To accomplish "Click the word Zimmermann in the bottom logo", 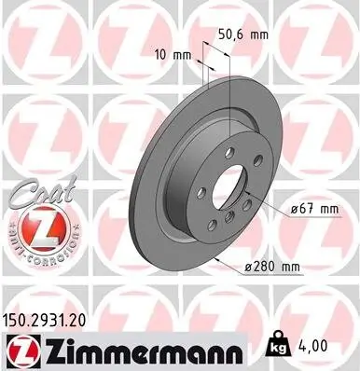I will point(133,348).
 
